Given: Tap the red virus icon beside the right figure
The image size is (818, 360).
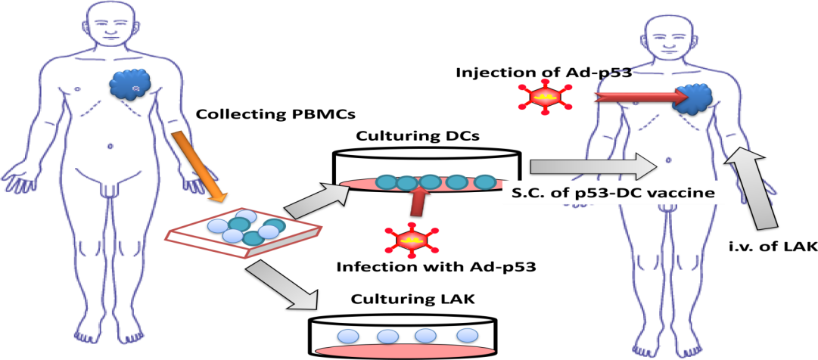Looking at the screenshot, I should pos(544,97).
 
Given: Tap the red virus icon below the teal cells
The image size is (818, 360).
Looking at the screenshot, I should pos(411,240).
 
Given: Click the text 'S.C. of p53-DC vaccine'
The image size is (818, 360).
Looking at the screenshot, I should pos(614,193).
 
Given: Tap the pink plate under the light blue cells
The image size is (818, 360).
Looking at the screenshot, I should pos(405,350).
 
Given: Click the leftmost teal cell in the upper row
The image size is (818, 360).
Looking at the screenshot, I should pos(387,182).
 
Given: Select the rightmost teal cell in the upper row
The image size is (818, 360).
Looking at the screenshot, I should pos(484,182).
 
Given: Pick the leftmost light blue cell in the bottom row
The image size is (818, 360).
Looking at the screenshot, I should pos(348,336).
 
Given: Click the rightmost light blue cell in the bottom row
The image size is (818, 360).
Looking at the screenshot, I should pos(468,334).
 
